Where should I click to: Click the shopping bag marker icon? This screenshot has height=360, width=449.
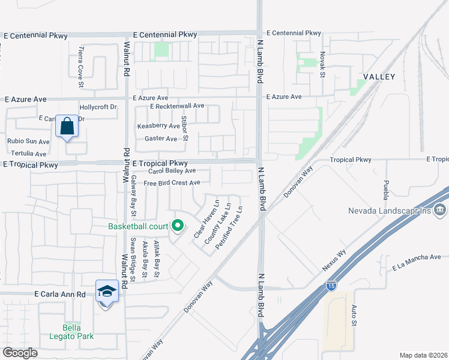click(x=67, y=127)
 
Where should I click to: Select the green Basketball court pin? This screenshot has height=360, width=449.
click(x=177, y=226)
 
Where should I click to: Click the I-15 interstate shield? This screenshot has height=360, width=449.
click(x=331, y=287)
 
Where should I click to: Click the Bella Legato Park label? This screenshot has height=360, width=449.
click(x=79, y=332)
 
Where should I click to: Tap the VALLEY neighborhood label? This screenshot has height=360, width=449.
click(x=379, y=77)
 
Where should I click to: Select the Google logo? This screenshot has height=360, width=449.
click(x=20, y=353)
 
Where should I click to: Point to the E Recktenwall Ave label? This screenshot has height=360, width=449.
click(x=177, y=106)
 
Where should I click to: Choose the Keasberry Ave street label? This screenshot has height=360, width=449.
click(x=158, y=126)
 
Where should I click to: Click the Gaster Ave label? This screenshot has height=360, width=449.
click(x=161, y=139)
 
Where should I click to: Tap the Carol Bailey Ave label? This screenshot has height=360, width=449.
click(x=160, y=171)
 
